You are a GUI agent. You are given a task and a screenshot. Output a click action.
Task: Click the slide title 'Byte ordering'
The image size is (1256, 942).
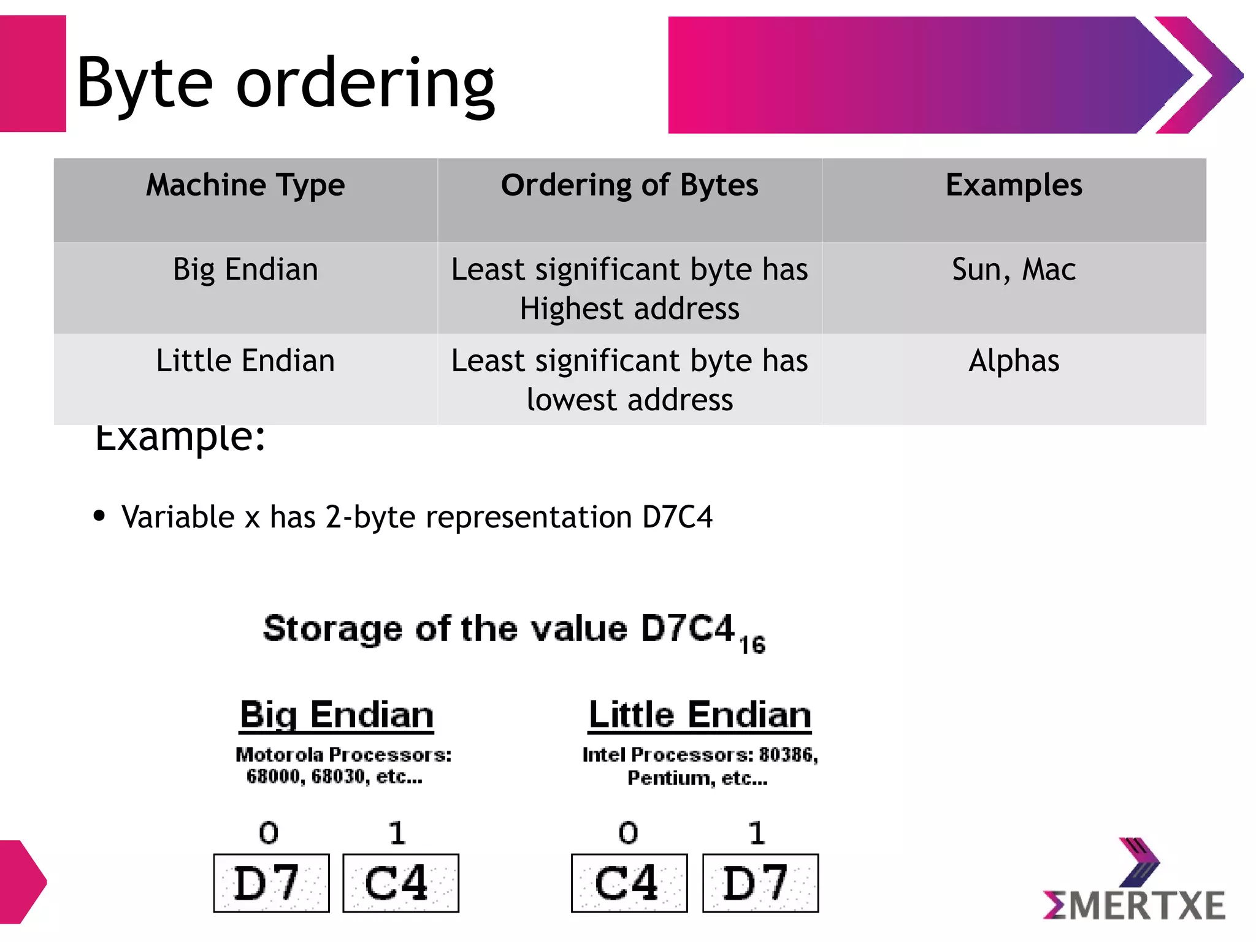[x=285, y=83]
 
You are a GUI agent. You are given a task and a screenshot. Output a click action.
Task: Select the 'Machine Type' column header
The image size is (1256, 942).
[x=245, y=185]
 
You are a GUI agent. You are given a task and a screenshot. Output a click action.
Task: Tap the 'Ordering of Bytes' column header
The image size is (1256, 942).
[x=629, y=185]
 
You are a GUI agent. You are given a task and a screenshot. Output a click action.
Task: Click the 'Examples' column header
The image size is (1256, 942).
[x=1014, y=185]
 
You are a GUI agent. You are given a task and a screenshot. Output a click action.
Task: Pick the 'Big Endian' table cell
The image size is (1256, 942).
[x=245, y=270]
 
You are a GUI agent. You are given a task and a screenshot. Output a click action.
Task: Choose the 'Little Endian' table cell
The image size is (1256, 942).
[x=245, y=361]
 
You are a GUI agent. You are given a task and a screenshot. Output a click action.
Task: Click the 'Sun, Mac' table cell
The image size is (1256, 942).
[x=1014, y=270]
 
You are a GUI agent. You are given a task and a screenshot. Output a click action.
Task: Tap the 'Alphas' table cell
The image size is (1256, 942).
[x=1014, y=361]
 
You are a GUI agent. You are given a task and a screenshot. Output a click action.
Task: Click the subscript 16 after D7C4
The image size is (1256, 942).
[x=752, y=645]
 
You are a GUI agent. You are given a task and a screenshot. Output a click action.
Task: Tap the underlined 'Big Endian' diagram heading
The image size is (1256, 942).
[x=337, y=715]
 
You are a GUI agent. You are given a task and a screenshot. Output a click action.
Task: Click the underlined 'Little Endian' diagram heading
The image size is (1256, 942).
[x=700, y=715]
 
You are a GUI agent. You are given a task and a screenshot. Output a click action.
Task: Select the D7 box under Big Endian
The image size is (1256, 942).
[x=271, y=883]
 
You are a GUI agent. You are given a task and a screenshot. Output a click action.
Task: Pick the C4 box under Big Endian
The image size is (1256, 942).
[x=400, y=883]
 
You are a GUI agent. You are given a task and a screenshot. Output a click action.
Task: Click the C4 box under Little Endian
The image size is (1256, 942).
[x=629, y=883]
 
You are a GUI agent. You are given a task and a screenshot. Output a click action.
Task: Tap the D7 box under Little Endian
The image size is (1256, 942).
[x=760, y=883]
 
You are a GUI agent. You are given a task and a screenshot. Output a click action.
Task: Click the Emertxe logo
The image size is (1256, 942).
[x=1134, y=883]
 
